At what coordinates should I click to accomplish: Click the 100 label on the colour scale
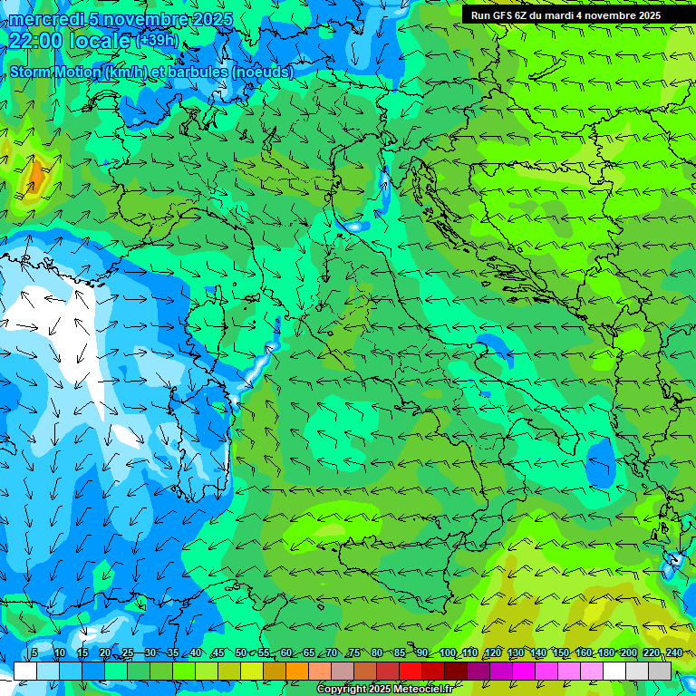448,652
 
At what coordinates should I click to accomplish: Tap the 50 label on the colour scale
240,652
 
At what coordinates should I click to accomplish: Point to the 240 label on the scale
673,652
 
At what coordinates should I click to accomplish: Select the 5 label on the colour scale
34,652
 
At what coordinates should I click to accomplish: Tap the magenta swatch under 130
523,671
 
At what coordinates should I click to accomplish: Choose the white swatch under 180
614,671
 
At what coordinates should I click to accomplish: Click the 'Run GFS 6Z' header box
565,15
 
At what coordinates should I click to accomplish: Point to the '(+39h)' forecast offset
157,41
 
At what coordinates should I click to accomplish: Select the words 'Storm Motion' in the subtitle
54,72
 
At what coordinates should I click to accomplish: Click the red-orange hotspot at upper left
34,174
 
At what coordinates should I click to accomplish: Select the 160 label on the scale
584,652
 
